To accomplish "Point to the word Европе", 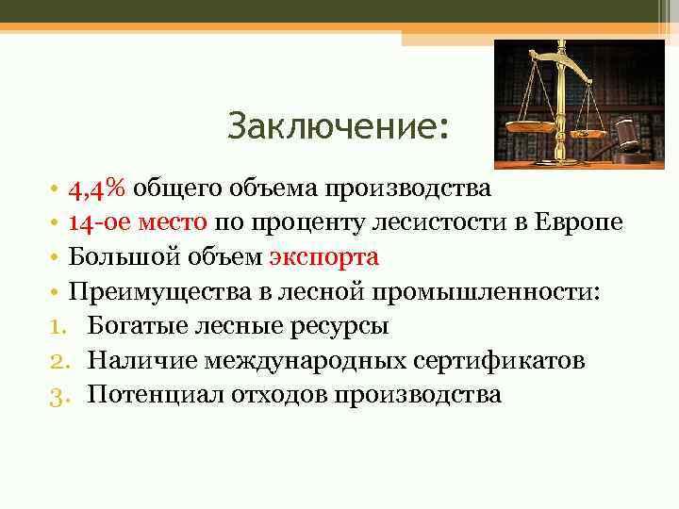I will pos(578,222).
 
